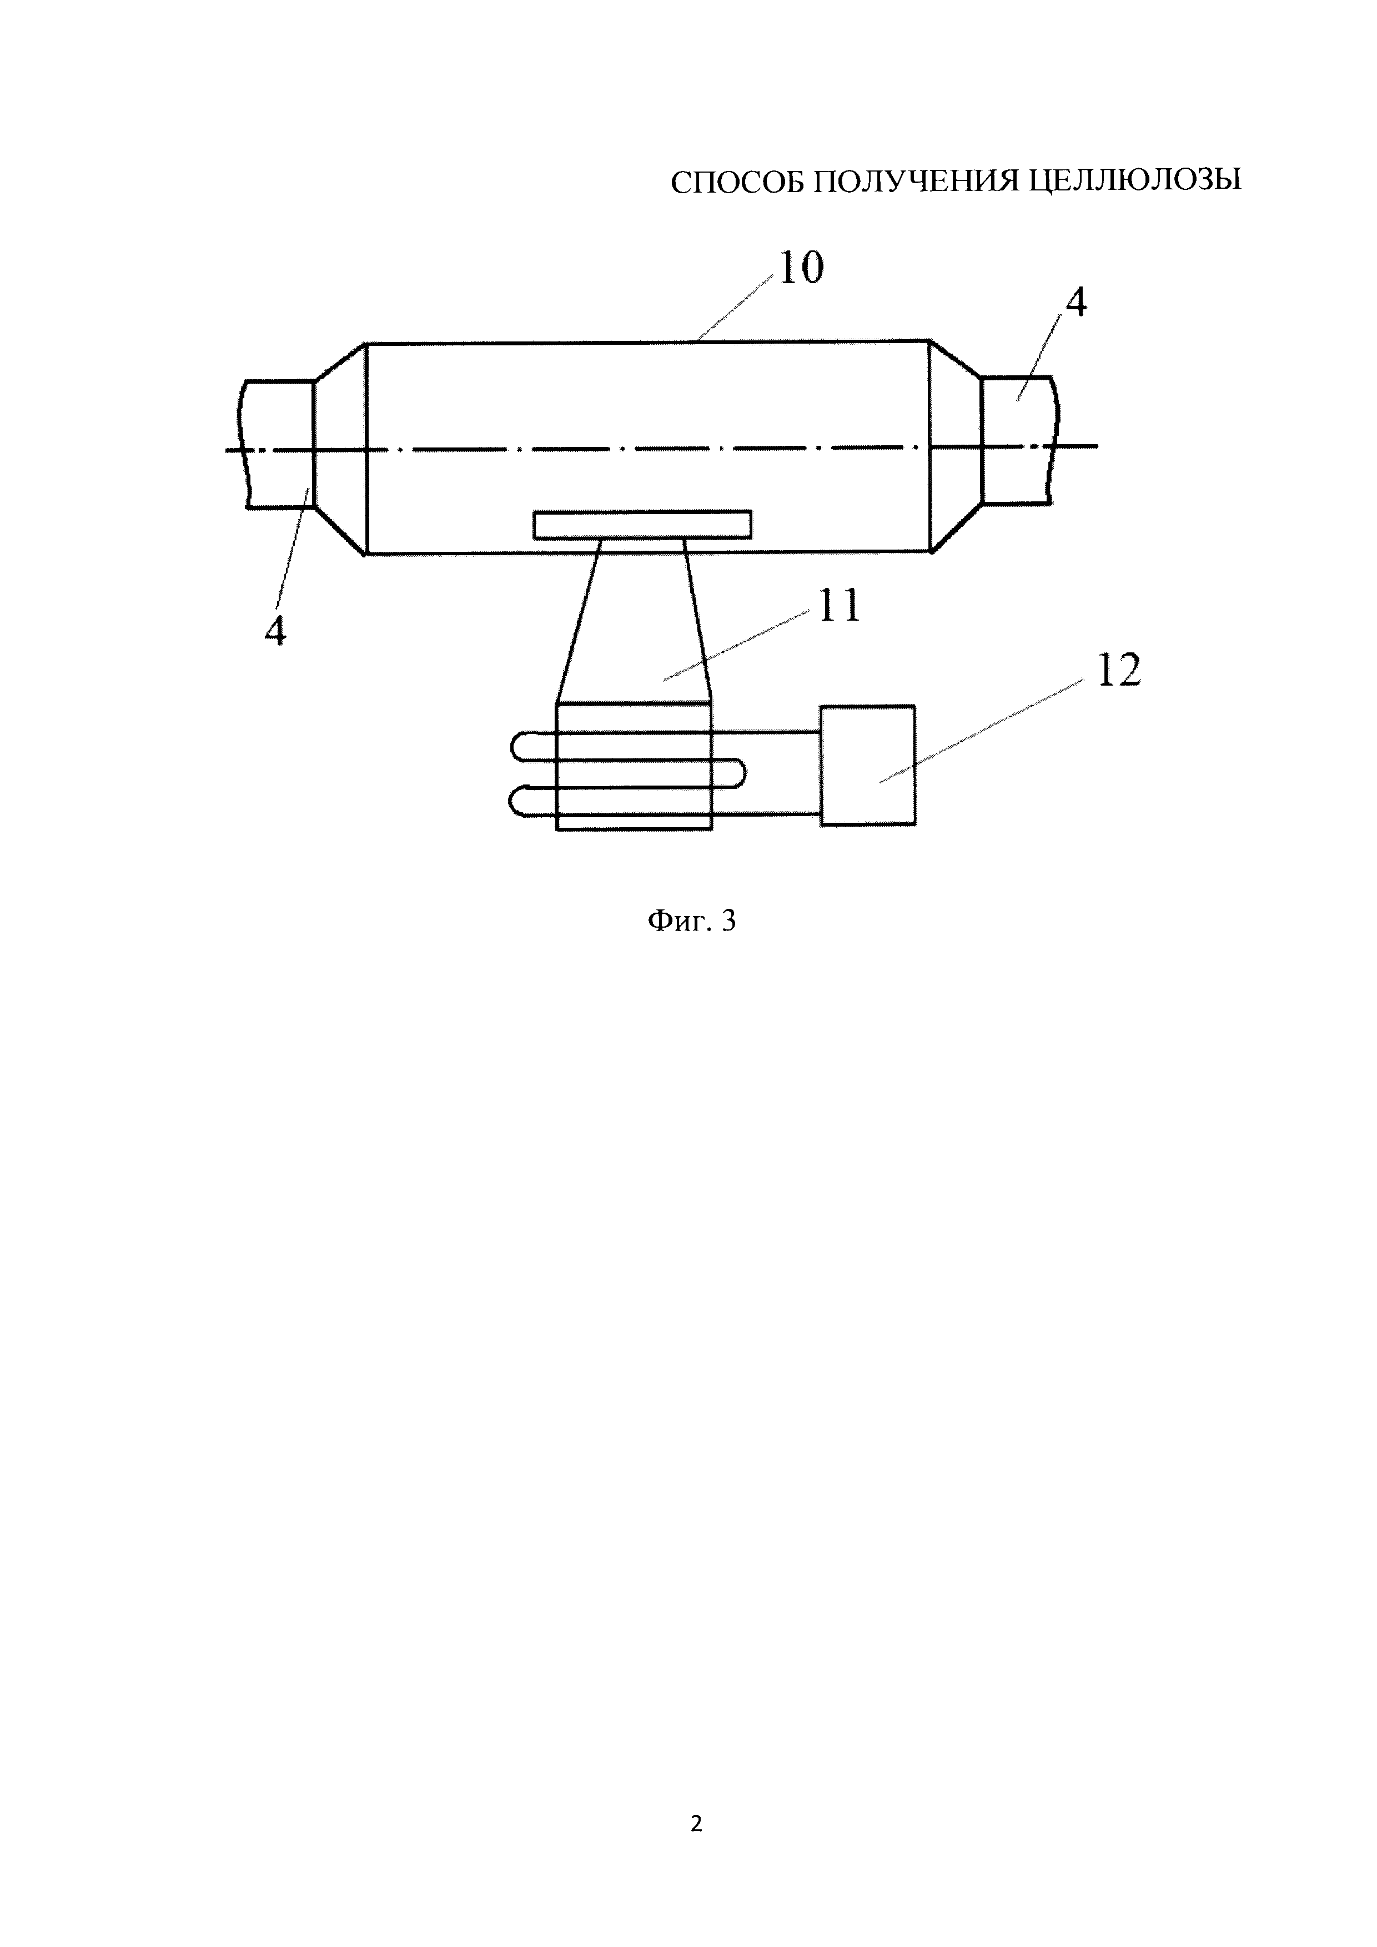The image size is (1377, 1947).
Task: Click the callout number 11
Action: [838, 607]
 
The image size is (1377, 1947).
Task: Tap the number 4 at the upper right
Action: [1075, 303]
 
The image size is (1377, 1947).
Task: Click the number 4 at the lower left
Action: [275, 632]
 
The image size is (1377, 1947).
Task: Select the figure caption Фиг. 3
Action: [692, 921]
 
